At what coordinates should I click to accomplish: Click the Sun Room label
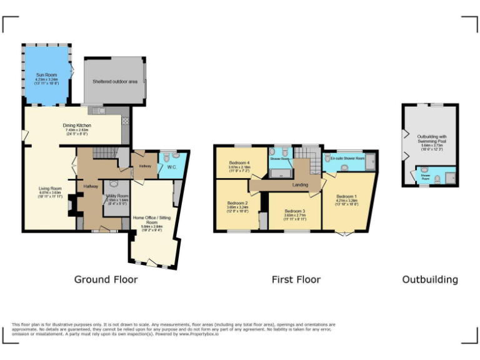[x=46, y=75]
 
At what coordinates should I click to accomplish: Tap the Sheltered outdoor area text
[x=115, y=81]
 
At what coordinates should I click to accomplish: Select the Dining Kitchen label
[x=77, y=126]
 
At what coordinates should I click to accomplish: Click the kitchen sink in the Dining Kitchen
[x=96, y=111]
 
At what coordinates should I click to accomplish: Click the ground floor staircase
[x=104, y=153]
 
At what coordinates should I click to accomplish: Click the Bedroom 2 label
[x=237, y=203]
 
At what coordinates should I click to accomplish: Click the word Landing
[x=300, y=185]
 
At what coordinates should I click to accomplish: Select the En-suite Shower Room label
[x=347, y=159]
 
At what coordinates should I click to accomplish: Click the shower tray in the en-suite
[x=370, y=163]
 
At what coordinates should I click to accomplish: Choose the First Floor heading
[x=296, y=279]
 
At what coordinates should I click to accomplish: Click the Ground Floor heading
[x=106, y=279]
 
